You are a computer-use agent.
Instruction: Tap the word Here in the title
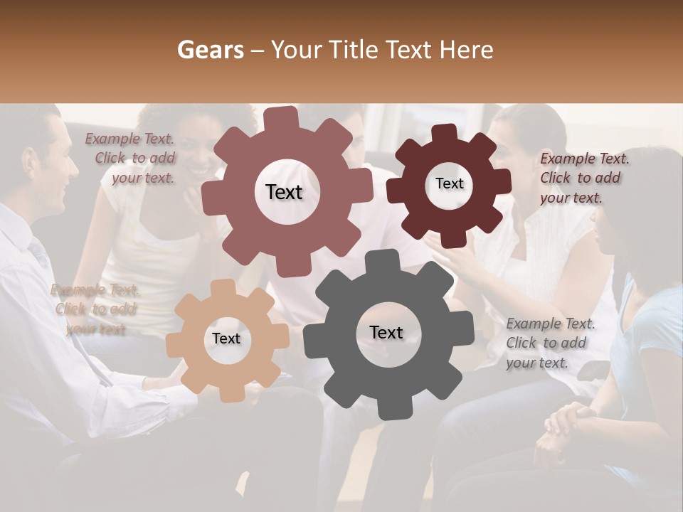(x=467, y=50)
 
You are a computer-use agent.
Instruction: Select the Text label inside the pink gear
(x=284, y=192)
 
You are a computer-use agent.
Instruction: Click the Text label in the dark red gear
(x=449, y=183)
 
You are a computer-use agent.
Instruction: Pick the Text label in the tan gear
(x=226, y=339)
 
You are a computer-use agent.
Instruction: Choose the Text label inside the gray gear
(x=386, y=332)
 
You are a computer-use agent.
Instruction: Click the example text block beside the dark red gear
(x=580, y=178)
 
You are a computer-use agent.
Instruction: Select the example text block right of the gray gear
(x=550, y=343)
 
